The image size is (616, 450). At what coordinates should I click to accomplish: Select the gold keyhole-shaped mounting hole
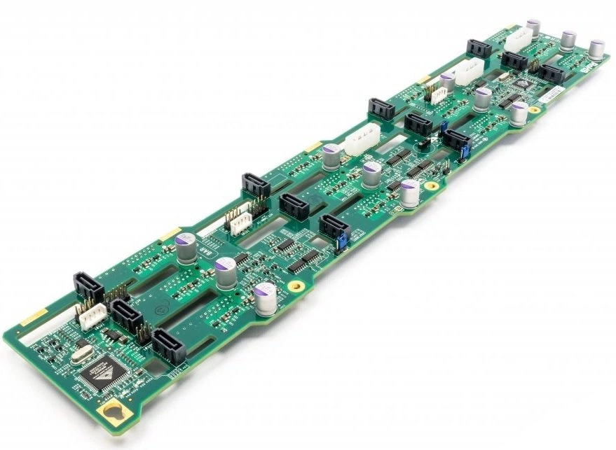112,415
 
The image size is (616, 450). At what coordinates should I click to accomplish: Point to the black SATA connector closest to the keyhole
168,344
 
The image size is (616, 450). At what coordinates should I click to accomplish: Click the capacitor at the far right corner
596,50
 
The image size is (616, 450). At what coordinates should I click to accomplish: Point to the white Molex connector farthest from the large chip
517,41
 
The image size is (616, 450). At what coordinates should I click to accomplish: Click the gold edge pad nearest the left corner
33,318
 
